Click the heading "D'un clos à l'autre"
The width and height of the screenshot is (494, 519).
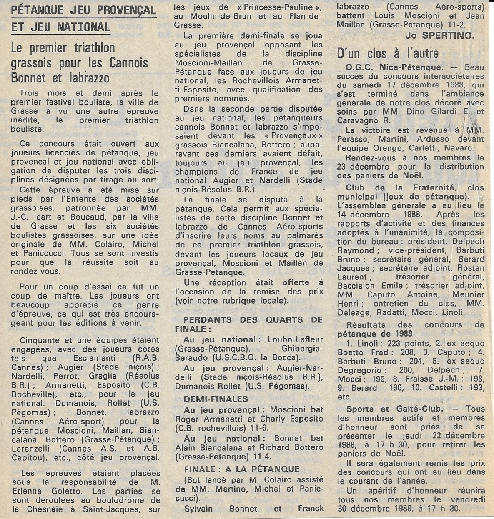coord(388,53)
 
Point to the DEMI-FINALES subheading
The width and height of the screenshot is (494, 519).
coord(216,399)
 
